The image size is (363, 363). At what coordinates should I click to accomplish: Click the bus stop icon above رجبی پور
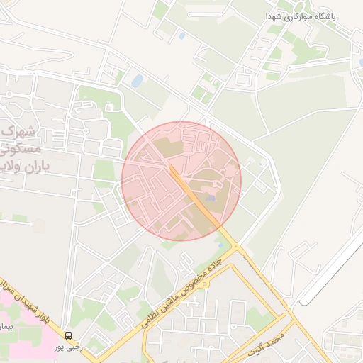coord(69,335)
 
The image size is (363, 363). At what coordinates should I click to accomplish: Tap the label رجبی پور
coord(69,347)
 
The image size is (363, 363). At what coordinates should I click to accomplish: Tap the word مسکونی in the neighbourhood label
coord(21,151)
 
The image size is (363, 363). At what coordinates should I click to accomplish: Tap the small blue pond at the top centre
coord(182,35)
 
